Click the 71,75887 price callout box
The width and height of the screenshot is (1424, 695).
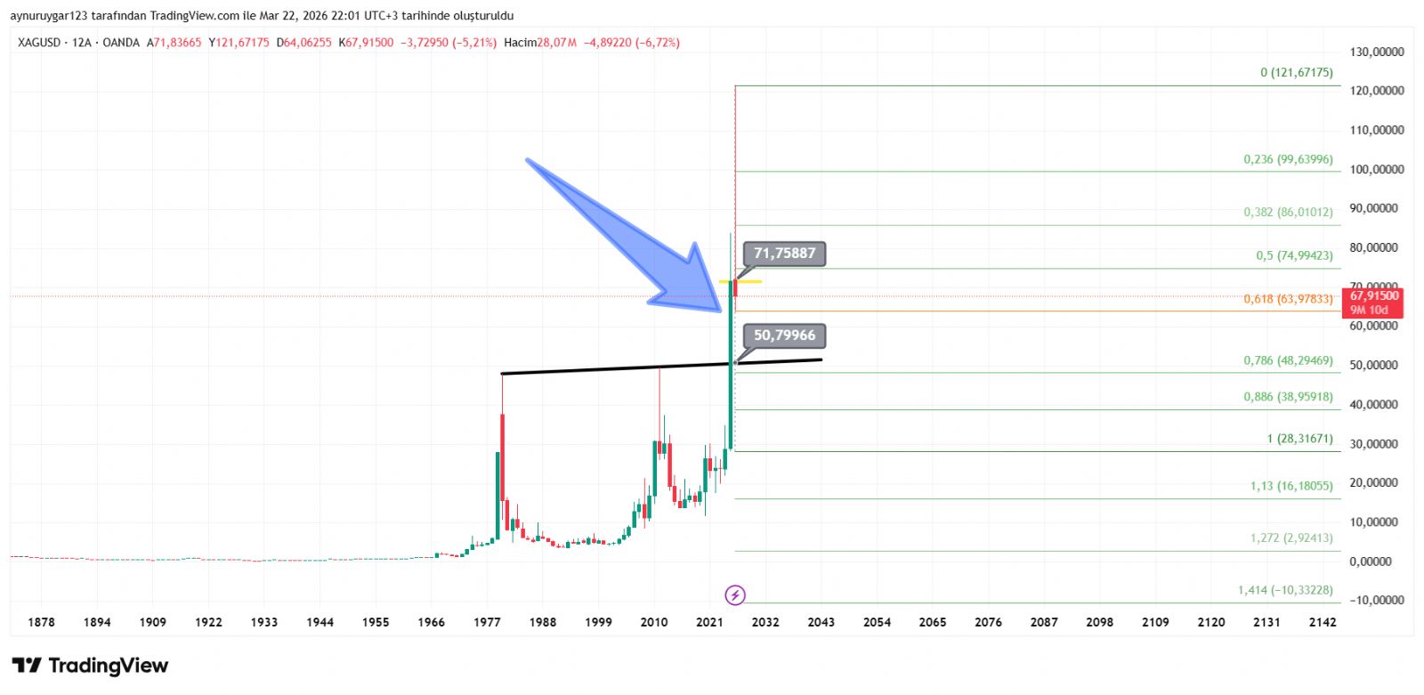(784, 254)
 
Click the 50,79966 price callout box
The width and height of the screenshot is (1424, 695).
(784, 335)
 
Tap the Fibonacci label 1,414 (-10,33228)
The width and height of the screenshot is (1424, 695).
(1284, 590)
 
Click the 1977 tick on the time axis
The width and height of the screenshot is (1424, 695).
(487, 622)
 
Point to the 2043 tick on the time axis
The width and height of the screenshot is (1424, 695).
(821, 622)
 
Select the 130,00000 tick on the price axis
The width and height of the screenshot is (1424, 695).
(1377, 52)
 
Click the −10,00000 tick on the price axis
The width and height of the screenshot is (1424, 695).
(1377, 600)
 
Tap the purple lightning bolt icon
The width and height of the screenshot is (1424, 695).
(735, 594)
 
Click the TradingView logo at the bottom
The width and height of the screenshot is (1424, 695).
(90, 666)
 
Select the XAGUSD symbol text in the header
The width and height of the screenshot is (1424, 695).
(39, 43)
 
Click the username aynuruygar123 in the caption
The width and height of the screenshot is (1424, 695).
(49, 16)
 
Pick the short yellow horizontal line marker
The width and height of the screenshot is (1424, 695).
(740, 282)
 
